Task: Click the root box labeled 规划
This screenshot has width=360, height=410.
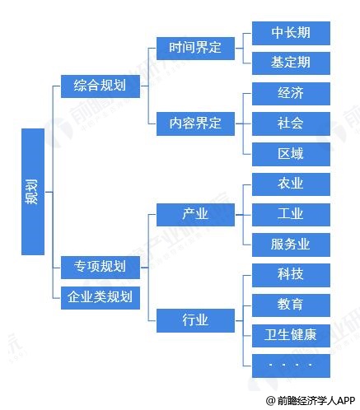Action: point(33,192)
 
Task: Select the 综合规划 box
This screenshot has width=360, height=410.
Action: point(101,86)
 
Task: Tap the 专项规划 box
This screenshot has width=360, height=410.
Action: point(101,268)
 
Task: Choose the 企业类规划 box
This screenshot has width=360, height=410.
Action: point(101,298)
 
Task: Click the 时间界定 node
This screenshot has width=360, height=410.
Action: point(195,49)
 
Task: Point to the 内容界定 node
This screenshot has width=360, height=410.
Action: point(195,123)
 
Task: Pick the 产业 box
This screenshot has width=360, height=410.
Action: point(195,215)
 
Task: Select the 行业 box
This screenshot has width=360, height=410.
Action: point(195,320)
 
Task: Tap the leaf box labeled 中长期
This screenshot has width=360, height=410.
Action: point(291,33)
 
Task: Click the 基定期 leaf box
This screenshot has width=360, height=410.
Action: point(291,63)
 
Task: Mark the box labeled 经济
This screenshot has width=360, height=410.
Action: point(291,94)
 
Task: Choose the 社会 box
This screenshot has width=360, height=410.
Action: point(291,123)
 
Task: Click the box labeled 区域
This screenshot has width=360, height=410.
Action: point(291,154)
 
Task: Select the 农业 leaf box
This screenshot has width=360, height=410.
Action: point(291,184)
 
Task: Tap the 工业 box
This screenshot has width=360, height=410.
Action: point(291,215)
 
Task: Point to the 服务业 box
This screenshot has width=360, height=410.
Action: point(291,245)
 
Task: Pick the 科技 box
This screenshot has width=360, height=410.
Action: point(291,275)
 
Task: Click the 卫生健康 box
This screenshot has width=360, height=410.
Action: point(291,336)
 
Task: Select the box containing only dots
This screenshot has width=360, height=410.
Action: point(291,366)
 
